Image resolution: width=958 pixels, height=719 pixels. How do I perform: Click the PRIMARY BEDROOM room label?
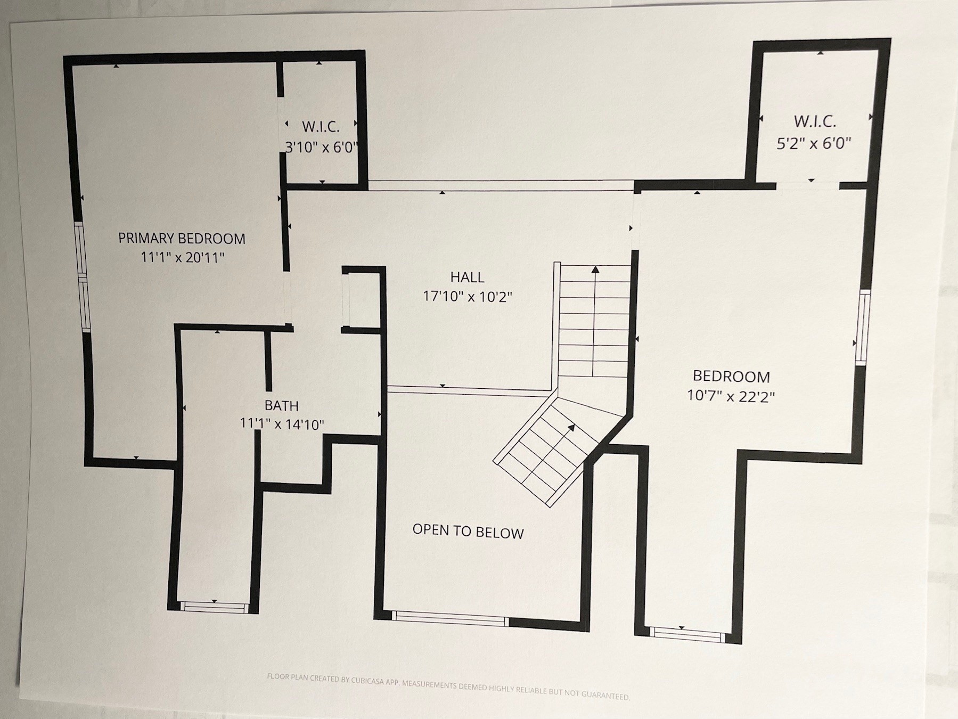coord(182,238)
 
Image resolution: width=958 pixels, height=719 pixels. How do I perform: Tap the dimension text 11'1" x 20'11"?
coord(182,257)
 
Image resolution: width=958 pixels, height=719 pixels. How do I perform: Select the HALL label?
coord(467,277)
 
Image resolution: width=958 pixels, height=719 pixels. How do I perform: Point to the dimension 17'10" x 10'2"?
coord(467,296)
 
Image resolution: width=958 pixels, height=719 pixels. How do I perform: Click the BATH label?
coord(281,406)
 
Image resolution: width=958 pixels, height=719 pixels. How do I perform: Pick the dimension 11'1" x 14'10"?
coord(282,424)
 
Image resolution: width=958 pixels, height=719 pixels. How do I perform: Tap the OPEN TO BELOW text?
coord(468,532)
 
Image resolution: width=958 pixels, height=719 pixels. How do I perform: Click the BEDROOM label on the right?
coord(731,377)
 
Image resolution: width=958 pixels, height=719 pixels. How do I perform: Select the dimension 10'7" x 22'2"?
coord(731,396)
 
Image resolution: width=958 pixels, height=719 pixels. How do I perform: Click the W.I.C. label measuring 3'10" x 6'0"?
coord(321,127)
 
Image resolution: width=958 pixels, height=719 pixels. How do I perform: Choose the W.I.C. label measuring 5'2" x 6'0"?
coord(815,121)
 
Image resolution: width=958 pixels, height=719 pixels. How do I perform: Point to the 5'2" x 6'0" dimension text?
coord(814,143)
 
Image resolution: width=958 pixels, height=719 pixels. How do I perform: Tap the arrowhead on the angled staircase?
coord(571,427)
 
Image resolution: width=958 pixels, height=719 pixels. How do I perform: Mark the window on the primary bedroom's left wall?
coord(83,276)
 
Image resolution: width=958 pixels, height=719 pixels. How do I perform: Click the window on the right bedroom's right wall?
coord(863,327)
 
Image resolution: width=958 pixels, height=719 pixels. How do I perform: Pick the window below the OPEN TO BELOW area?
coord(450,618)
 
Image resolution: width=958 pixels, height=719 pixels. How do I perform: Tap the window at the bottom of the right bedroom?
coord(687,634)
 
